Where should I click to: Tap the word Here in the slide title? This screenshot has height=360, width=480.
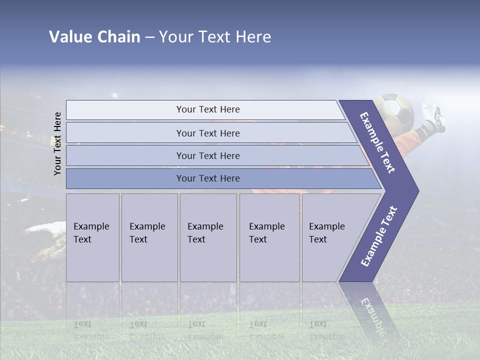[253, 37]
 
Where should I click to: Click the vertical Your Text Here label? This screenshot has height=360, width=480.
[57, 143]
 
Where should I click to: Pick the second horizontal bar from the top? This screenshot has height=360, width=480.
[208, 133]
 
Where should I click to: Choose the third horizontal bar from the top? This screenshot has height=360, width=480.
[208, 155]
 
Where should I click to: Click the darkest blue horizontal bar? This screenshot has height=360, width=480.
[208, 178]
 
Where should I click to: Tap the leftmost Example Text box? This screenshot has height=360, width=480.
[92, 237]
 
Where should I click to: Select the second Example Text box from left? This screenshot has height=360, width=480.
[149, 237]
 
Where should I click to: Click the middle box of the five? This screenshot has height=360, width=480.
[208, 237]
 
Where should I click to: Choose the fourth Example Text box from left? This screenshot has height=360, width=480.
[269, 237]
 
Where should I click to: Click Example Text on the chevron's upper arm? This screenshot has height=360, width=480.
[377, 142]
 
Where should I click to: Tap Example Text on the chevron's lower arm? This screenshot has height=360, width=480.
[379, 236]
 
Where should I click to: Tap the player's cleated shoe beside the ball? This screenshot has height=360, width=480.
[433, 117]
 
